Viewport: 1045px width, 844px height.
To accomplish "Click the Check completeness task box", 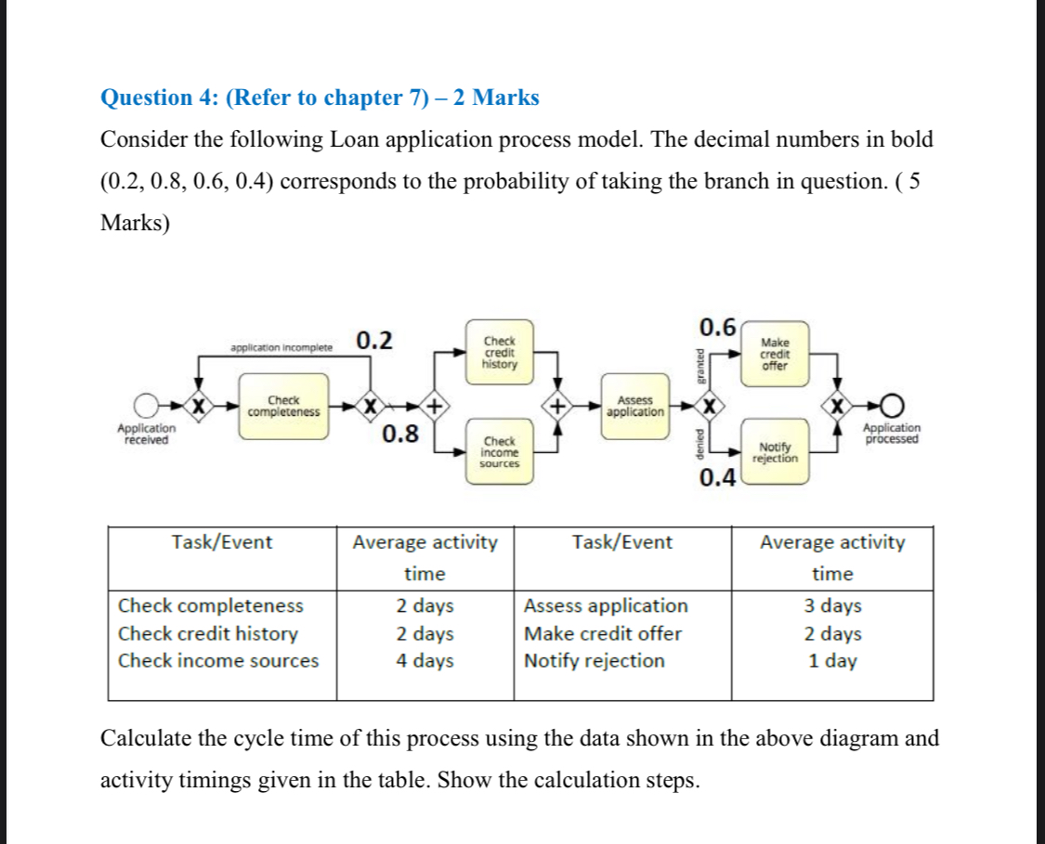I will tap(283, 406).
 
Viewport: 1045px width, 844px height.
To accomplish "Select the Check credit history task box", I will tap(499, 352).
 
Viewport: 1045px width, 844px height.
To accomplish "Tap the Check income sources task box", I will tap(499, 452).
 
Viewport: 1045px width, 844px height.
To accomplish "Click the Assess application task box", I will tap(634, 406).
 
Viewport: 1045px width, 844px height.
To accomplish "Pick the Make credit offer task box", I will tap(775, 354).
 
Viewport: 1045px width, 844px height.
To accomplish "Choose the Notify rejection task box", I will tap(775, 452).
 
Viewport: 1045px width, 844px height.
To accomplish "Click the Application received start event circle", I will tap(146, 406).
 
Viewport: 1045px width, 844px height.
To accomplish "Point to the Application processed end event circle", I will tap(892, 406).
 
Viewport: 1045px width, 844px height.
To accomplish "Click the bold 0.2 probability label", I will tap(373, 341).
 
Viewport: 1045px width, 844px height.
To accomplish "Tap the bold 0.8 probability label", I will tap(399, 434).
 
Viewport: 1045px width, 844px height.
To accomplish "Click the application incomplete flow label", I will tap(281, 348).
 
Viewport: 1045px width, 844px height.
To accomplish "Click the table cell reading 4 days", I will tap(425, 661).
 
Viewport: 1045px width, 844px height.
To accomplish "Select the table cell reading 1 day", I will tap(832, 661).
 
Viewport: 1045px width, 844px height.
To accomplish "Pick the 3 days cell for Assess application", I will tap(832, 606).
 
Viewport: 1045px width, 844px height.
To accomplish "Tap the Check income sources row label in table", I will tap(218, 661).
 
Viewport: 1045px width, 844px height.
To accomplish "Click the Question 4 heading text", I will tap(319, 97).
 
